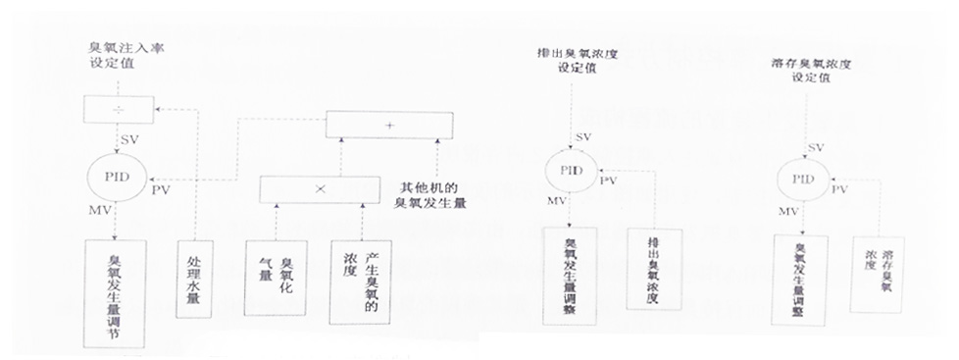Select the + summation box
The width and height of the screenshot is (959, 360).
[389, 125]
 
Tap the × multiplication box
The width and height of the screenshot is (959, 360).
[320, 189]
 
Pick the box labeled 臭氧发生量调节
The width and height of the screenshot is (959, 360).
[116, 291]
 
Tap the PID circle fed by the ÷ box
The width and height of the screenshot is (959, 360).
[116, 179]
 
